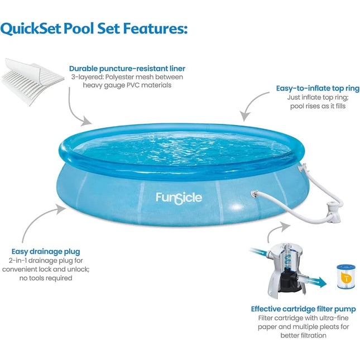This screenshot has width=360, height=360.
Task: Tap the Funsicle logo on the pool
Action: pyautogui.click(x=179, y=198)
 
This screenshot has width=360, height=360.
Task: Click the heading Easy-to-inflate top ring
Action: pyautogui.click(x=318, y=88)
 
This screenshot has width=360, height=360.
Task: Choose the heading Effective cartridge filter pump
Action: pyautogui.click(x=303, y=308)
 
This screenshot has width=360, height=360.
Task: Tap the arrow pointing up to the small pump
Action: pyautogui.click(x=279, y=229)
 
